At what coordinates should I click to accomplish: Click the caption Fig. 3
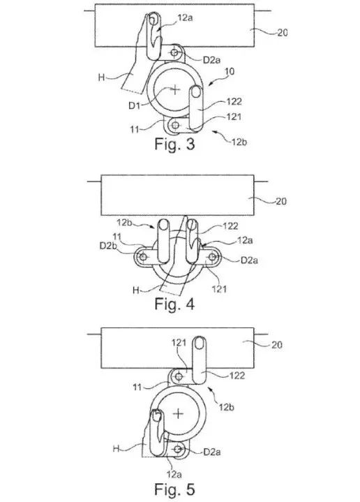click(174, 144)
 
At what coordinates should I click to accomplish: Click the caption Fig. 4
click(174, 304)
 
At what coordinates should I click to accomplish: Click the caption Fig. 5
click(174, 489)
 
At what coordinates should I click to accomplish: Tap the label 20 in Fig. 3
click(283, 33)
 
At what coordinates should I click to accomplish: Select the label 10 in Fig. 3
click(230, 71)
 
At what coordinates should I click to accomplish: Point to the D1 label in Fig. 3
click(135, 105)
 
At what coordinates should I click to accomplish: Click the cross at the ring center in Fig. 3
click(174, 89)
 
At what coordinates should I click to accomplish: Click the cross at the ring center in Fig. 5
click(178, 413)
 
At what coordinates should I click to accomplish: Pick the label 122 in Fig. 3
click(234, 101)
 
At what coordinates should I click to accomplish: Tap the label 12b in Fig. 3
click(239, 142)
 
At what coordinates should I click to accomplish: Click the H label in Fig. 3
click(101, 77)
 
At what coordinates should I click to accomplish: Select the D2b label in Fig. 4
click(107, 246)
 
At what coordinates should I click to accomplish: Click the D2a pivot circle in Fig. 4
click(212, 256)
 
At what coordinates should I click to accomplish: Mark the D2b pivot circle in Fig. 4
click(143, 256)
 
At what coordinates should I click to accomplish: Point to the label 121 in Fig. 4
click(219, 290)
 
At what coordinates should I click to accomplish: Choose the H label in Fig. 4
click(135, 290)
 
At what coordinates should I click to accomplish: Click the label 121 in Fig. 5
click(179, 343)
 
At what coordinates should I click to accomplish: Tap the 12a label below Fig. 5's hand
click(174, 473)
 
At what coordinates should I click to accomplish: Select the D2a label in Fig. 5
click(212, 452)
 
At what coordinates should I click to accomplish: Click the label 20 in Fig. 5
click(277, 345)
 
